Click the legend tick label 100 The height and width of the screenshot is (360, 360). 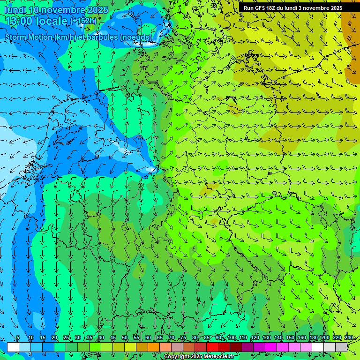[x=231, y=337]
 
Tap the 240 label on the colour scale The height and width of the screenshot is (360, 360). [x=349, y=337]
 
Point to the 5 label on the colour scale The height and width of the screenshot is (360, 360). [x=18, y=337]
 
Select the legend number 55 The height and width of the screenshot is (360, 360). [x=136, y=337]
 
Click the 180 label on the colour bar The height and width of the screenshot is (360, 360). [x=313, y=337]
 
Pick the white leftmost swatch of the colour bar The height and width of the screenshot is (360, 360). [x=13, y=347]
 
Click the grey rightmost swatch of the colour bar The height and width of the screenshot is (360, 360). [x=341, y=347]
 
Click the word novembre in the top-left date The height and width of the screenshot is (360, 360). [x=63, y=10]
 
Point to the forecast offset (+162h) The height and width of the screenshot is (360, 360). [x=83, y=21]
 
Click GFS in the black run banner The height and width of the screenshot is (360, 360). [x=261, y=8]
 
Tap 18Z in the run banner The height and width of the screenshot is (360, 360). [x=273, y=8]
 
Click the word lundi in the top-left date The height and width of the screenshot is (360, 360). [x=15, y=10]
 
